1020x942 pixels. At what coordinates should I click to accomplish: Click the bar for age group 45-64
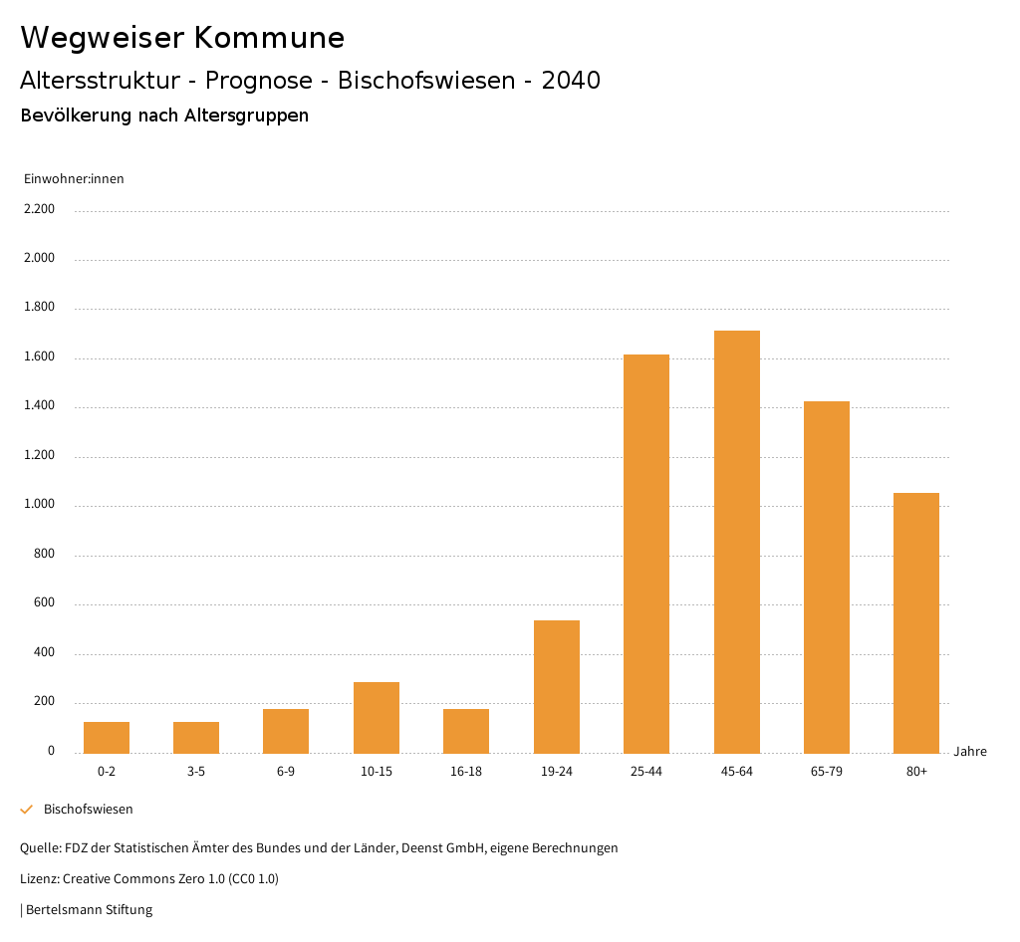tap(736, 542)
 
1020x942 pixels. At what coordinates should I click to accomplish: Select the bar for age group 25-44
tap(646, 554)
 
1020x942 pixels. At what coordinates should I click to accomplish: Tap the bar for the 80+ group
tap(916, 622)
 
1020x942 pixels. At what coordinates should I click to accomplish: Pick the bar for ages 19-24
tap(557, 686)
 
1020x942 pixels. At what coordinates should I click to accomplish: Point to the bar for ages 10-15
tap(377, 717)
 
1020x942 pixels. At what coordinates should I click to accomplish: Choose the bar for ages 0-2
tap(107, 737)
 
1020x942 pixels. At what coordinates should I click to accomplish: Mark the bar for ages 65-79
tap(827, 577)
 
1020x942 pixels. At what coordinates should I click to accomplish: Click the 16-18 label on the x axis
tap(466, 772)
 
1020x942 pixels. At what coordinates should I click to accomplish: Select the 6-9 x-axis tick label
tap(286, 772)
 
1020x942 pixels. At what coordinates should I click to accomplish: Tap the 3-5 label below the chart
tap(196, 772)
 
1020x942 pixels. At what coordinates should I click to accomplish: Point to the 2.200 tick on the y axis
tap(39, 209)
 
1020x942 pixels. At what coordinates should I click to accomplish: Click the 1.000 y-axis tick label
tap(39, 505)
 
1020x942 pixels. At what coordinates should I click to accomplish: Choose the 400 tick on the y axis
tap(44, 653)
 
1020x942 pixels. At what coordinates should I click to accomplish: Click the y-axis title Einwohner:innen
tap(74, 179)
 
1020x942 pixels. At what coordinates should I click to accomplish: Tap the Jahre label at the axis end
tap(970, 752)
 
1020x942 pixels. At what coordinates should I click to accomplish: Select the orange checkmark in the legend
tap(27, 810)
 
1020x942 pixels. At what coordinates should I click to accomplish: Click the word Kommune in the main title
tap(269, 38)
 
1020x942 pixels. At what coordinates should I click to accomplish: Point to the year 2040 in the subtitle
tap(571, 81)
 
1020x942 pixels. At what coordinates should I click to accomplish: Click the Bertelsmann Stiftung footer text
tap(89, 909)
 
